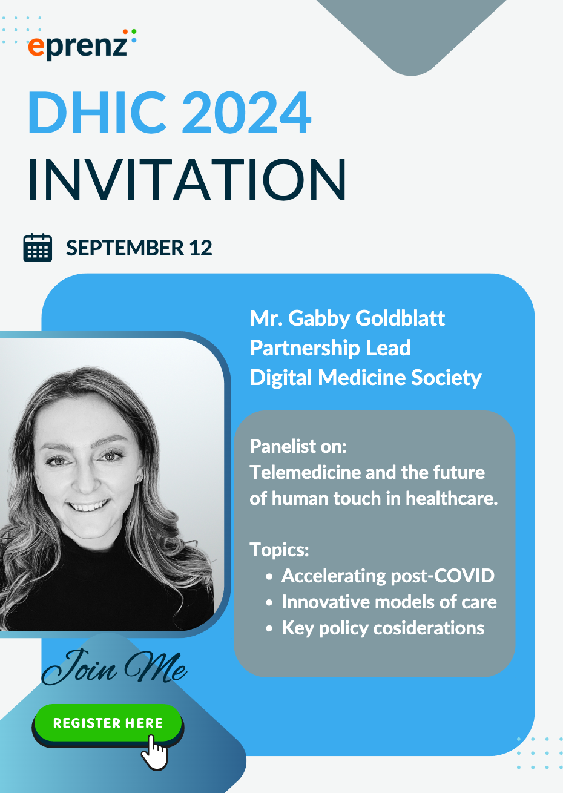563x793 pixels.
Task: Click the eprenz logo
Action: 82,45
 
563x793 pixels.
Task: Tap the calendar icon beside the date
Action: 38,248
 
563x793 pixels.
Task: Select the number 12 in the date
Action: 200,248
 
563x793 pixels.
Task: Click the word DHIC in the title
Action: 97,112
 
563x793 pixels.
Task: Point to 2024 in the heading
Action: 247,112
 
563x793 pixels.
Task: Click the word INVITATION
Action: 187,180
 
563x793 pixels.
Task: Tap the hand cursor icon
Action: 155,752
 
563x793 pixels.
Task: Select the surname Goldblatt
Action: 400,318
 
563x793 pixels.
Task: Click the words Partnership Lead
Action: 330,348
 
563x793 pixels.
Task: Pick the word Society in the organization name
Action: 446,378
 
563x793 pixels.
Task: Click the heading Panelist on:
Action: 298,446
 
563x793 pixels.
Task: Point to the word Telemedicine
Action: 305,472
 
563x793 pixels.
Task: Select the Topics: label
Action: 279,550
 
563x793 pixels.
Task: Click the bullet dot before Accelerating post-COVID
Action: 269,577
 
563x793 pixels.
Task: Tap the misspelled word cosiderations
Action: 429,628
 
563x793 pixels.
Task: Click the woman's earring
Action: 139,479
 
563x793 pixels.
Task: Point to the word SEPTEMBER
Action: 125,248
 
